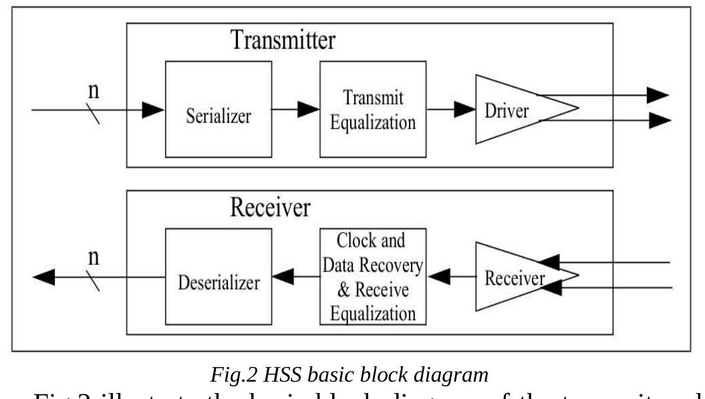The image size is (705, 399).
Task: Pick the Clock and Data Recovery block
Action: tap(372, 277)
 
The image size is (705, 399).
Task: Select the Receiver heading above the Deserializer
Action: tap(270, 208)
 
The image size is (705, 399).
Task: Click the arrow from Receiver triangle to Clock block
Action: tap(450, 274)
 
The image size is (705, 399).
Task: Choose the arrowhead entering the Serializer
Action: tap(154, 109)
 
